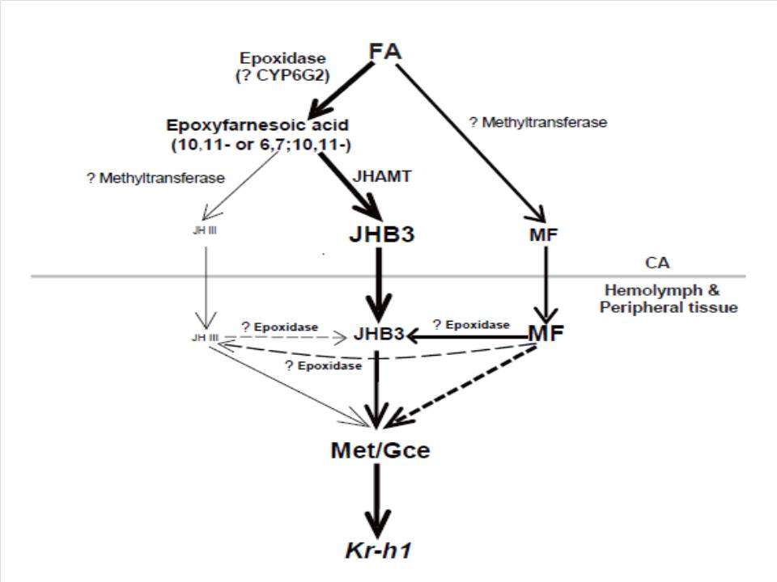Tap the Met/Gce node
point(380,449)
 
